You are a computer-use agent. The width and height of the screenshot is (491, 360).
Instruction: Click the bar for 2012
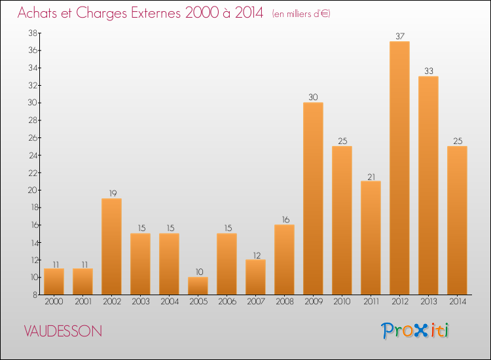(399, 168)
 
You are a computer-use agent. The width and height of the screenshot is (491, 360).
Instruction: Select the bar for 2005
(198, 285)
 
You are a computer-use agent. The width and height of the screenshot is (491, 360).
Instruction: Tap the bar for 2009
(313, 198)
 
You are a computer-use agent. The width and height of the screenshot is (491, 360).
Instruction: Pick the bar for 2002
(111, 246)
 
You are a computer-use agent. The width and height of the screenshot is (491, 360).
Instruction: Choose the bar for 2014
(457, 220)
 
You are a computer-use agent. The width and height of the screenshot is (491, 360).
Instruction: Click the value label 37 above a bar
(399, 36)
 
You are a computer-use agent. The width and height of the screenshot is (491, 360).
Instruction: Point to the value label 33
(428, 71)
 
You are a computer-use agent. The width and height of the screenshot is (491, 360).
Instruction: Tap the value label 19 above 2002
(111, 193)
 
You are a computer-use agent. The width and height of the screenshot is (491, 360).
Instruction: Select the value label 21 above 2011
(371, 175)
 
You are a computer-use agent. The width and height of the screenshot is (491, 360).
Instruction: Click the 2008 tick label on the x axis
(284, 302)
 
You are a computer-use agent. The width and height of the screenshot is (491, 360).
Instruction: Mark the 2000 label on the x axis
(54, 302)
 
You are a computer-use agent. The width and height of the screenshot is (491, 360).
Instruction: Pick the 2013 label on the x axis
(428, 302)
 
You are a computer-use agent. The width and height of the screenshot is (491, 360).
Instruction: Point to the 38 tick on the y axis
(31, 33)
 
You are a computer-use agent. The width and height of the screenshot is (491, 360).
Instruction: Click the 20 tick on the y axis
(31, 190)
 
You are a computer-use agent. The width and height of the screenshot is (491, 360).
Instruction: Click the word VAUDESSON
(63, 331)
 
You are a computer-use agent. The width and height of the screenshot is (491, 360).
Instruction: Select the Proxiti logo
(415, 331)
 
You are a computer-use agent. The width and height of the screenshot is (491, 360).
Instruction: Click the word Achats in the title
(40, 13)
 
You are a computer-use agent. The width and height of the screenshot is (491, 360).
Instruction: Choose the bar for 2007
(255, 277)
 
